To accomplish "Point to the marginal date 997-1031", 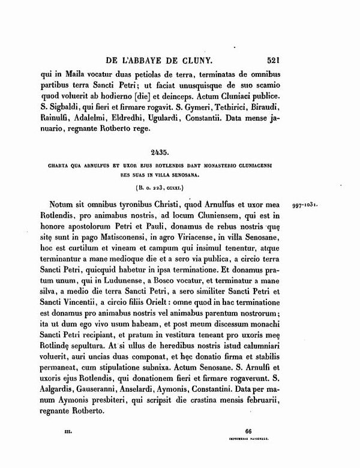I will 309,203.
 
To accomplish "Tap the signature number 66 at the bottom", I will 249,431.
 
